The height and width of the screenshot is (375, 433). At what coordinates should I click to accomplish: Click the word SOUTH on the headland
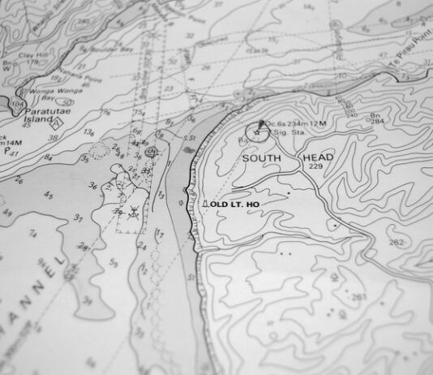(261, 158)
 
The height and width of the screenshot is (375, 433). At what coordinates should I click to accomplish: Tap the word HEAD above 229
(317, 157)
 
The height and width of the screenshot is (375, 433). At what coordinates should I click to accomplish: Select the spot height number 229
(315, 166)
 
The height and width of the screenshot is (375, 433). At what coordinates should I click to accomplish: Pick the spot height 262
(396, 243)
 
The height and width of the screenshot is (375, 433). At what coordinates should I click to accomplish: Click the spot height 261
(359, 297)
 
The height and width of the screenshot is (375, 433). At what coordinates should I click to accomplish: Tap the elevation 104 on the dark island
(16, 103)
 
